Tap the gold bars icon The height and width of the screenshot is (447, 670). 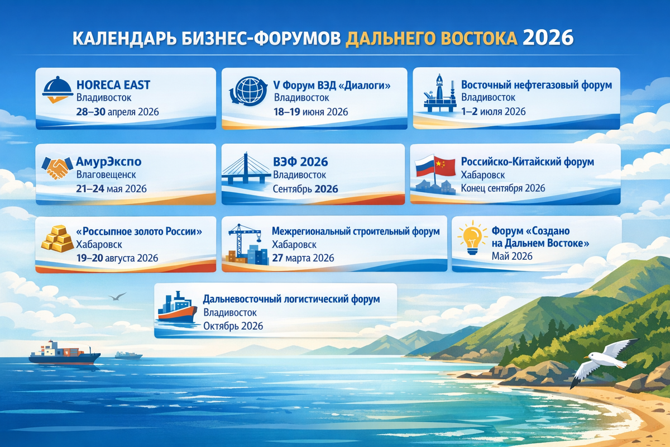tap(58, 241)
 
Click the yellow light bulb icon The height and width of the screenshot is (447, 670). tap(468, 237)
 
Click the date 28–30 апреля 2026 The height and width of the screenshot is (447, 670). tap(117, 112)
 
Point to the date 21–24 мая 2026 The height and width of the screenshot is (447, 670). tap(111, 188)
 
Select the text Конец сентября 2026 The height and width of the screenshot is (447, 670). tap(502, 188)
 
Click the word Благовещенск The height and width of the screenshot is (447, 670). tap(106, 175)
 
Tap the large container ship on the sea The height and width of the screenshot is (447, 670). tap(64, 353)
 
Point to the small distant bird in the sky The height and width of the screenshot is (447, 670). tap(117, 296)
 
